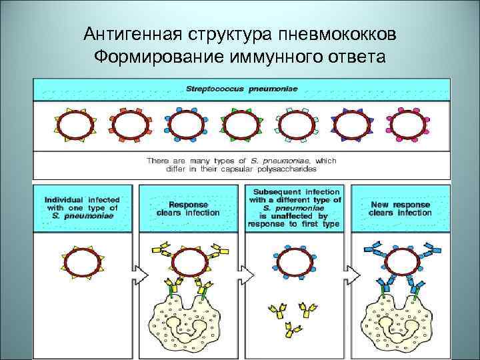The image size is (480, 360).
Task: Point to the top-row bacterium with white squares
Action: [297, 125]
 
